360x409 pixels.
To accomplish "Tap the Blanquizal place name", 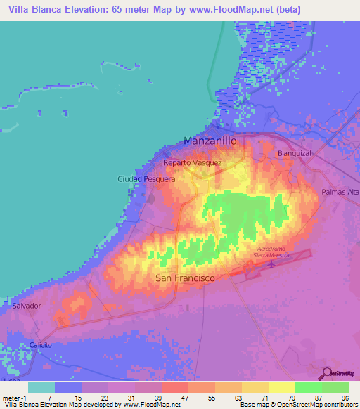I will (x=295, y=153).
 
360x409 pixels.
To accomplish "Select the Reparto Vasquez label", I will (x=193, y=163).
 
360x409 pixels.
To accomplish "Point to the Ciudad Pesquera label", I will (x=146, y=179).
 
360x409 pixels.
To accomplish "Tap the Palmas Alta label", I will (x=340, y=192).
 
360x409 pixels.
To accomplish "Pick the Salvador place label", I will (x=27, y=306).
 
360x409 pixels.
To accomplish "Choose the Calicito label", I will (x=41, y=345).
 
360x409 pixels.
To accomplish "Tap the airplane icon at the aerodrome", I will (x=272, y=264).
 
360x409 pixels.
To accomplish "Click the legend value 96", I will (x=345, y=399).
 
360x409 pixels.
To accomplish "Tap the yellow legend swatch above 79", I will (x=281, y=387).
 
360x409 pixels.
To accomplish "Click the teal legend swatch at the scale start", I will (x=41, y=387).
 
